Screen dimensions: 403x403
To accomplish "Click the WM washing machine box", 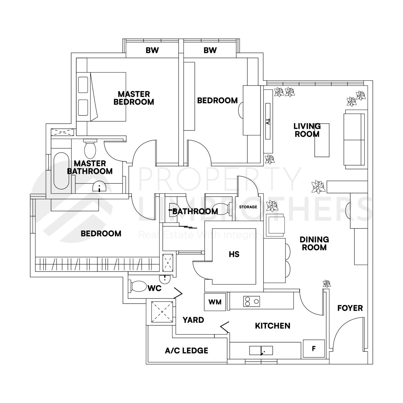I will click(x=215, y=302).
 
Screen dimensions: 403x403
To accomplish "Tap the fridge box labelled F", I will click(x=314, y=349).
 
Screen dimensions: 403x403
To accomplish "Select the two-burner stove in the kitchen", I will click(x=252, y=301).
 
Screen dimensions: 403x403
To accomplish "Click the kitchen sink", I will click(x=261, y=350).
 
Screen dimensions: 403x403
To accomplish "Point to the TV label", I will click(x=268, y=122).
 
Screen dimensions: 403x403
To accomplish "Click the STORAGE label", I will click(x=248, y=207).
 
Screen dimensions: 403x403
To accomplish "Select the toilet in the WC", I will click(x=138, y=287).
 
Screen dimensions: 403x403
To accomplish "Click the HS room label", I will click(x=234, y=254).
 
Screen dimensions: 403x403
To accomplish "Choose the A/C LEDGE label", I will click(x=186, y=350).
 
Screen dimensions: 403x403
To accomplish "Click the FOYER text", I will click(x=350, y=308).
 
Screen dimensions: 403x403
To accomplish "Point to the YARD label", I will click(x=193, y=320).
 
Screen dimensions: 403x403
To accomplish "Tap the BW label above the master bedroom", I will click(x=152, y=50).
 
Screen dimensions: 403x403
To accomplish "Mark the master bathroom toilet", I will click(x=90, y=149).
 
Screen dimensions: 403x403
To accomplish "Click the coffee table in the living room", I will click(x=322, y=140).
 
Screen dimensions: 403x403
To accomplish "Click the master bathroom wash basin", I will click(x=100, y=188).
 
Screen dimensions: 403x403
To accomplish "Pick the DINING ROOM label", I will click(x=314, y=243).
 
